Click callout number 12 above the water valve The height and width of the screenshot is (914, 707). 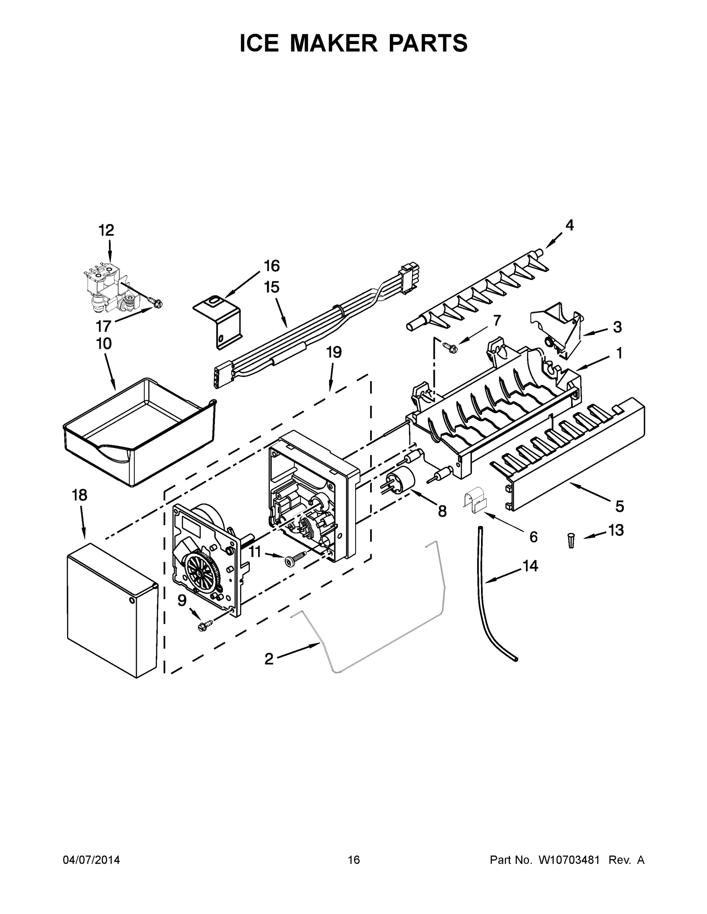106,230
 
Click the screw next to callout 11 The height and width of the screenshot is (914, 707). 293,559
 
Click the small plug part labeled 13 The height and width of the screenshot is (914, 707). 571,540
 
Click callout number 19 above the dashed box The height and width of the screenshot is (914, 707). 334,353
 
